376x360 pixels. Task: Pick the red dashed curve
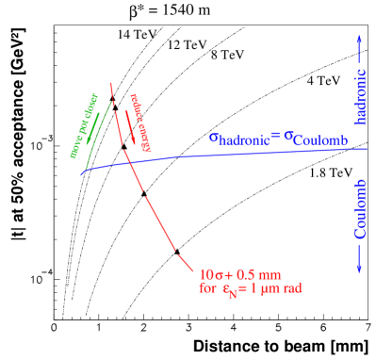click(x=151, y=207)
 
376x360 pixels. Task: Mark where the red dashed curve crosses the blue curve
click(x=128, y=162)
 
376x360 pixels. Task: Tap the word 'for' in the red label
click(x=206, y=288)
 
